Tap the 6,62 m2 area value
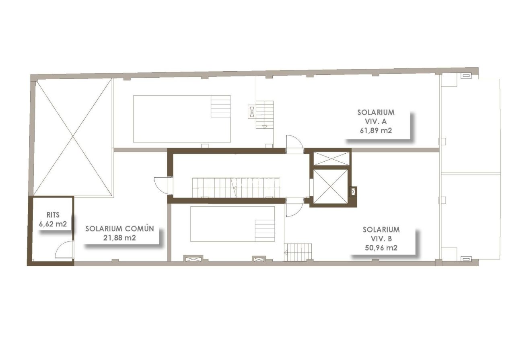coord(53,224)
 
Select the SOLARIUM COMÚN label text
coord(119,229)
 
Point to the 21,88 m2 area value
coord(119,238)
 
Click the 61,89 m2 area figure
coord(376,130)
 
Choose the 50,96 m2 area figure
coord(381,248)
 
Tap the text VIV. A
coord(376,121)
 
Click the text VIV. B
coord(381,239)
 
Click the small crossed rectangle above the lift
coord(331,158)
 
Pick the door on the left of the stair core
coord(163,186)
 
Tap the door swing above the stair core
coord(295,144)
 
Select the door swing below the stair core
coord(294,208)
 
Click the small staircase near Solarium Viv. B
coord(298,252)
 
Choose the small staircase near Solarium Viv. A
coord(265,115)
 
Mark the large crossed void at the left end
coord(73,137)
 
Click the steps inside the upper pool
coord(221,106)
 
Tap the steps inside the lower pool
coord(265,230)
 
